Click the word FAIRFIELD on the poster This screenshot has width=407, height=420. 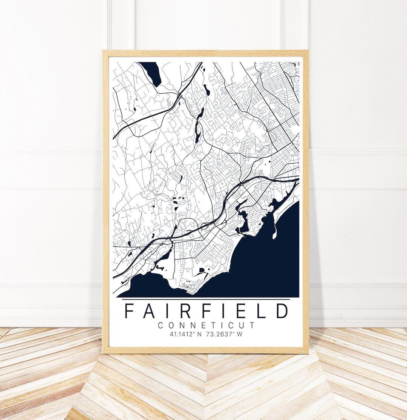[x=206, y=310]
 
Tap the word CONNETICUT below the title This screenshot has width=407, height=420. [x=206, y=326]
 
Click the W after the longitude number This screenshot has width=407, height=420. [x=240, y=334]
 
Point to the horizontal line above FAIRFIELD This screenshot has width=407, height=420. [x=206, y=300]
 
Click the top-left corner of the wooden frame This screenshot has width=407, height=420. [x=103, y=51]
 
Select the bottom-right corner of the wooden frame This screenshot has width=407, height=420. [x=308, y=353]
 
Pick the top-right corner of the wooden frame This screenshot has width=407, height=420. [x=308, y=51]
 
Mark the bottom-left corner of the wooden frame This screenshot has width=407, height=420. [x=103, y=353]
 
